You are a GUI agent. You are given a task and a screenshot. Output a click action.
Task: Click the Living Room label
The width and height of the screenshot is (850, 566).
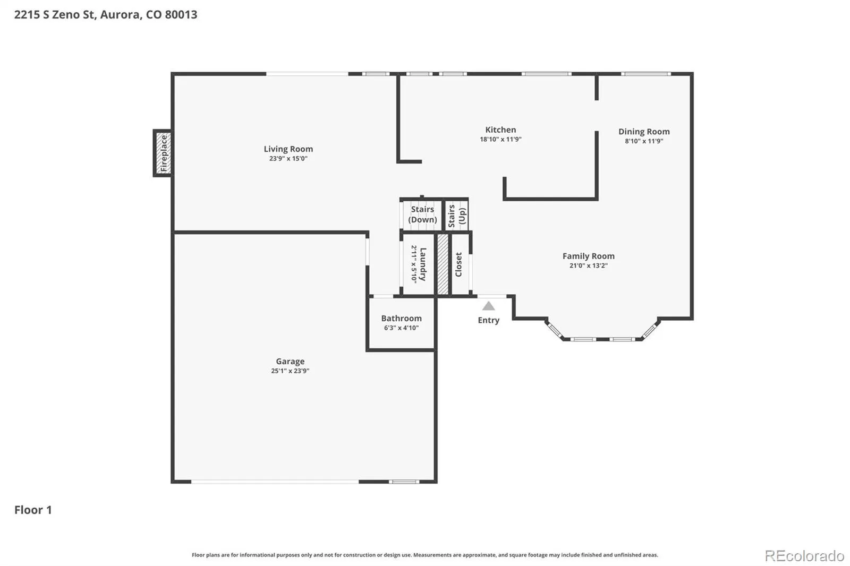pos(288,149)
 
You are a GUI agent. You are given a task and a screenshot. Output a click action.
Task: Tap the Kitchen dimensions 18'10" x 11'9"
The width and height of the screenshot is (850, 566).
pos(500,139)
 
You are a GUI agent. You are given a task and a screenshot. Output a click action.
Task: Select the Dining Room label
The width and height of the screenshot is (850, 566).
pos(644,131)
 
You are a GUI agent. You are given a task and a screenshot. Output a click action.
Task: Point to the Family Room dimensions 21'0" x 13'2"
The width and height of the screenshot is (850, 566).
pos(588,265)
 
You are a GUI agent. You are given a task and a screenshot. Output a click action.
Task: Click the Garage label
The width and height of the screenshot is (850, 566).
pos(290,362)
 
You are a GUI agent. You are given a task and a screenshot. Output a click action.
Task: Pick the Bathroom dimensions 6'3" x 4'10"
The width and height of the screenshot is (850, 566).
pos(401,328)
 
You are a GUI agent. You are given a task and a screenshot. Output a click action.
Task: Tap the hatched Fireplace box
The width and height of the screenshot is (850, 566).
pos(164,153)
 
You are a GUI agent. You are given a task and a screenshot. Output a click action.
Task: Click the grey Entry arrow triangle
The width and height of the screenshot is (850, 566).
pos(488,306)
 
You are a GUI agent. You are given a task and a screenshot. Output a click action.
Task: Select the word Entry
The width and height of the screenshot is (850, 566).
pos(488,320)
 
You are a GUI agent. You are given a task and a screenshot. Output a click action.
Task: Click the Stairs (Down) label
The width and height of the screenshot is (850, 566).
pos(422,215)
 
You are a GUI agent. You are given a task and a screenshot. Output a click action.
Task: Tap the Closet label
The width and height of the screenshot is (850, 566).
pos(458,264)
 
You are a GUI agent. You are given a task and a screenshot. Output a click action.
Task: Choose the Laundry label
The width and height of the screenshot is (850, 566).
pos(423,264)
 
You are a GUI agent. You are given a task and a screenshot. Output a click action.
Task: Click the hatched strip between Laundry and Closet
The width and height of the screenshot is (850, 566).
pos(443,264)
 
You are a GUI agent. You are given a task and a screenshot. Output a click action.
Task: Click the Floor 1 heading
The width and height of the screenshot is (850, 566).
pos(33,510)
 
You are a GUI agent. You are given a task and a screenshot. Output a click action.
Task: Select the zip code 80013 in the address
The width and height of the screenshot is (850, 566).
pos(181,14)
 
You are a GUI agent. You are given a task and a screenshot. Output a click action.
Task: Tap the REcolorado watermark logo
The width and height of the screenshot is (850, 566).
pos(804,556)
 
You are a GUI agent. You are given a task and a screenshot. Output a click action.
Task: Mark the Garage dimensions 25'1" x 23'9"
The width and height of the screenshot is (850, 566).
pos(290,371)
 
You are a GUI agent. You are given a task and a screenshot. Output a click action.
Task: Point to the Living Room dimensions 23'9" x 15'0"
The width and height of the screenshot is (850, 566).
pos(288,159)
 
